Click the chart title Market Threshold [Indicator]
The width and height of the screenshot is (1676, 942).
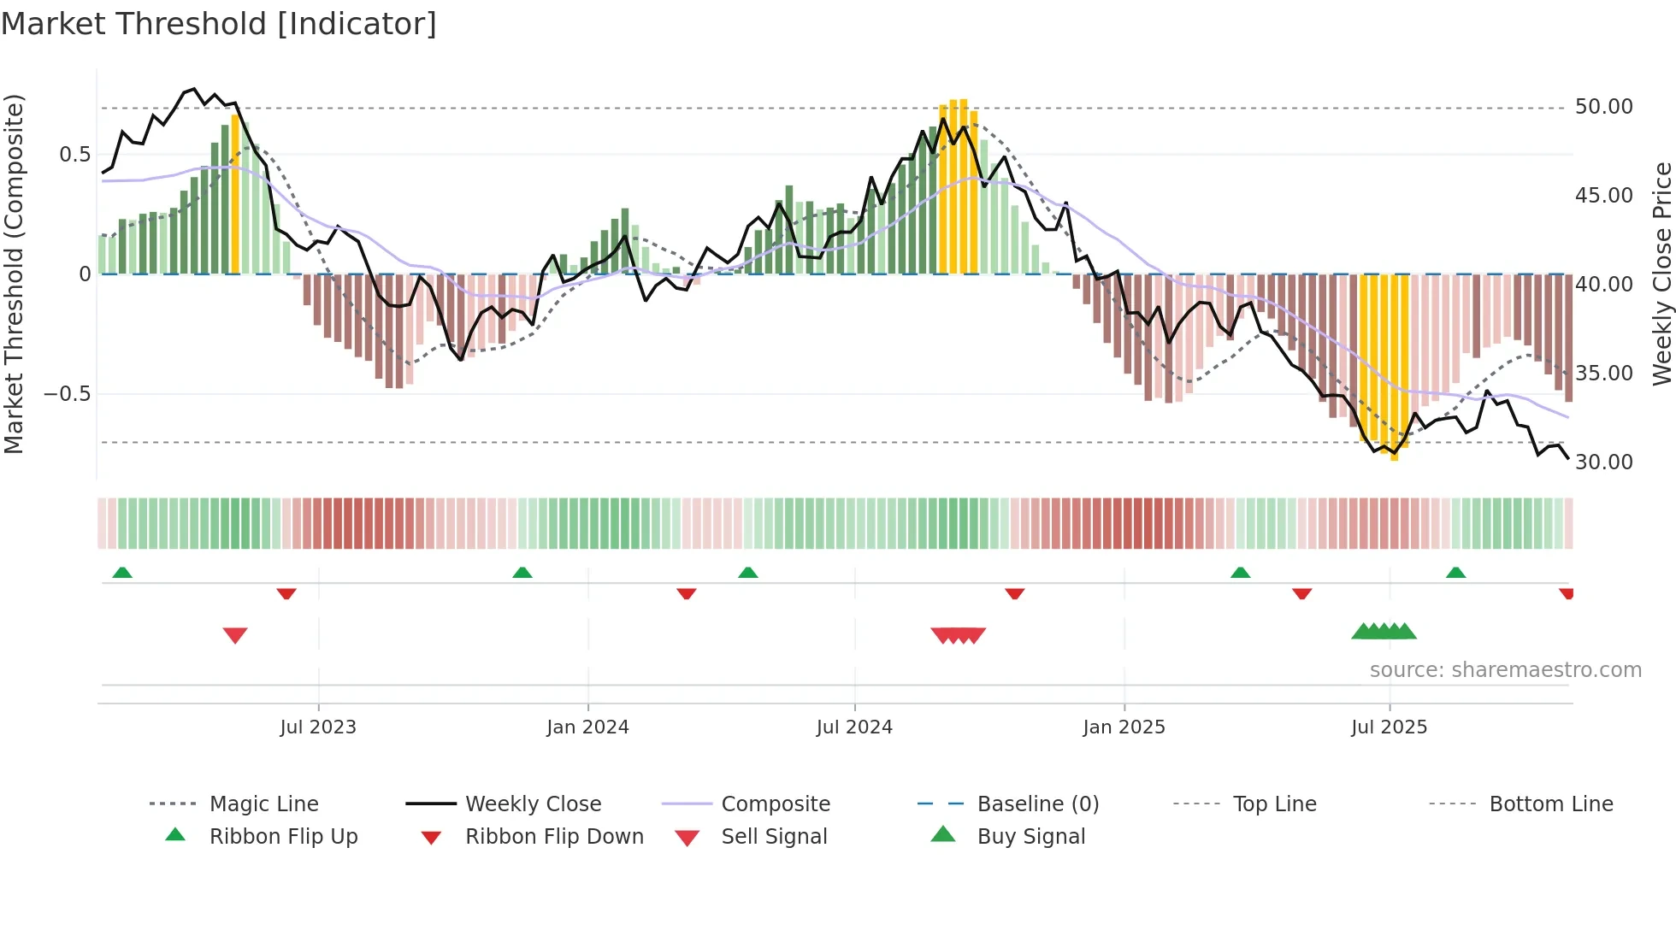219,24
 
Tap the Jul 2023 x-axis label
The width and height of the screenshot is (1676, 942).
317,727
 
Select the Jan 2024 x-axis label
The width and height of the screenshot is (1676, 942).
587,727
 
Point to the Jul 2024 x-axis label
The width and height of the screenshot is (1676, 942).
854,727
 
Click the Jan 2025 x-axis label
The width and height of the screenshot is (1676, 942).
1124,727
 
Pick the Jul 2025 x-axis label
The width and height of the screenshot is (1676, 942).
1389,727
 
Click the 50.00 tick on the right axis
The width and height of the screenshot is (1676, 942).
1603,107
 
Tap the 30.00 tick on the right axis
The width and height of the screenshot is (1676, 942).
1603,462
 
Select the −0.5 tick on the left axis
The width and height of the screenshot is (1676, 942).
68,394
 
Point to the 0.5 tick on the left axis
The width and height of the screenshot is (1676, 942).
74,155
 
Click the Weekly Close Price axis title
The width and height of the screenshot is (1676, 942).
1661,274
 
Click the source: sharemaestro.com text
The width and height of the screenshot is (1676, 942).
1505,670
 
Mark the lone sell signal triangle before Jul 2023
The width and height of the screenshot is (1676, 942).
235,635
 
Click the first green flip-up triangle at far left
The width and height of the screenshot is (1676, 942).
122,572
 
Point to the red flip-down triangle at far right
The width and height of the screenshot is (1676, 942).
1567,593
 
